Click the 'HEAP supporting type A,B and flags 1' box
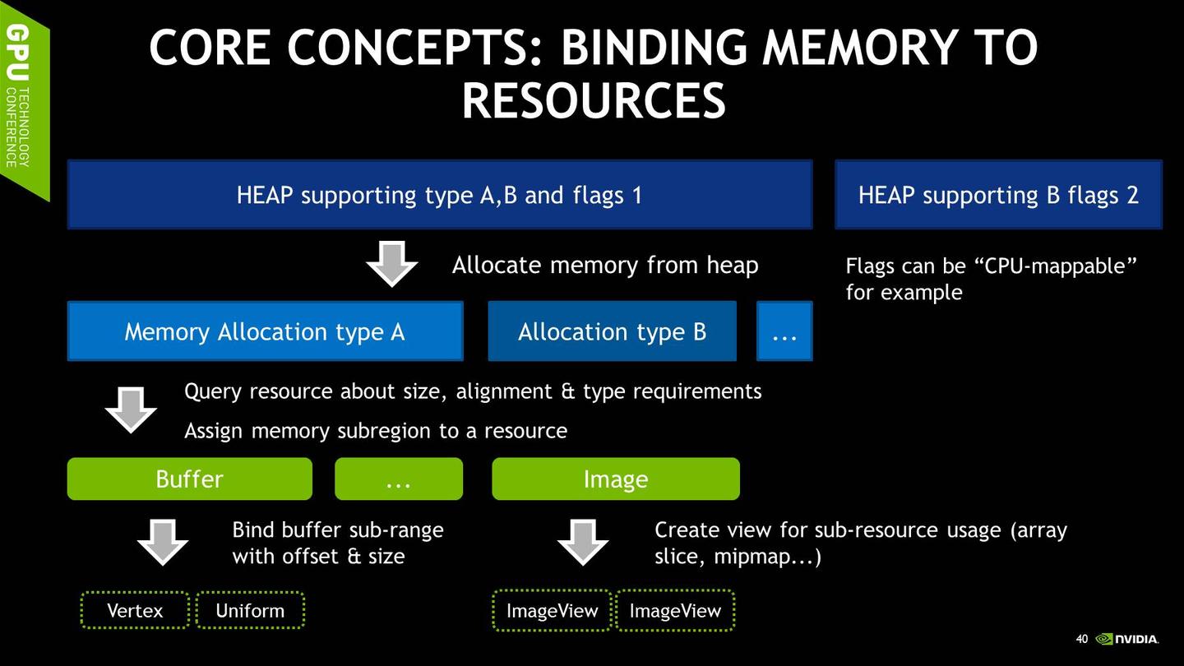(440, 195)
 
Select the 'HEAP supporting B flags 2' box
(998, 195)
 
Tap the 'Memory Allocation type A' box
(266, 331)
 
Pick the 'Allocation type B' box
(612, 331)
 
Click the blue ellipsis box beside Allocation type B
(784, 331)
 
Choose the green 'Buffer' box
(190, 479)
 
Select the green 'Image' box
(616, 479)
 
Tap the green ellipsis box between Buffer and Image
(399, 479)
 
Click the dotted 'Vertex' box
(136, 610)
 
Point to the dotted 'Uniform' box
(250, 610)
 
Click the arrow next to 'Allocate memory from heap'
(391, 264)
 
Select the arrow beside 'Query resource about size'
(131, 410)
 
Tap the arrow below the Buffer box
(163, 543)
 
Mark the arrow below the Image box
(583, 543)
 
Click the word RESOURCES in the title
(594, 100)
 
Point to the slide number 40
(1082, 639)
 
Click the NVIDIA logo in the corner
(1126, 639)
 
